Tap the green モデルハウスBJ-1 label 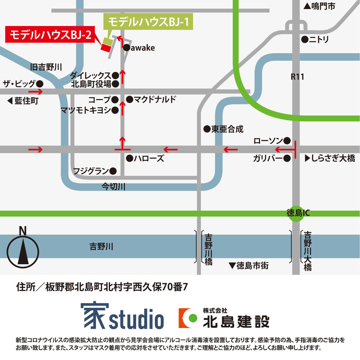pyautogui.click(x=148, y=22)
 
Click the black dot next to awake pyautogui.click(x=126, y=48)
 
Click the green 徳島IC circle pyautogui.click(x=298, y=213)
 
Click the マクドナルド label pyautogui.click(x=155, y=99)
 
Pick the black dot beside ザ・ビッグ pyautogui.click(x=40, y=84)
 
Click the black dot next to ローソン pyautogui.click(x=287, y=140)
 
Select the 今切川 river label pyautogui.click(x=113, y=187)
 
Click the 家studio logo pyautogui.click(x=122, y=316)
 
